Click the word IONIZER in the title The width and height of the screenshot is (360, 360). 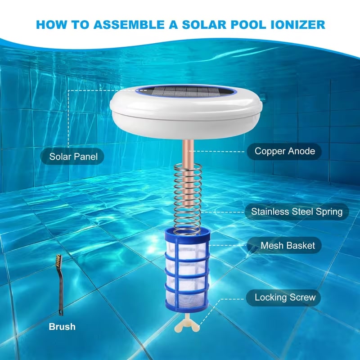pyautogui.click(x=298, y=25)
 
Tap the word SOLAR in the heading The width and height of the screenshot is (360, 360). pyautogui.click(x=204, y=25)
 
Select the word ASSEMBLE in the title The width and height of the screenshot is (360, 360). pyautogui.click(x=129, y=25)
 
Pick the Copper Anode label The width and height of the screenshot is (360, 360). pyautogui.click(x=284, y=151)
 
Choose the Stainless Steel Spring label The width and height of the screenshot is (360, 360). pyautogui.click(x=297, y=211)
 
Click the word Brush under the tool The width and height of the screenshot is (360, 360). pyautogui.click(x=62, y=327)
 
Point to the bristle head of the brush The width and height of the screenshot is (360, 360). pyautogui.click(x=59, y=261)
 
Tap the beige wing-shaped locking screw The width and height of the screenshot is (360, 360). pyautogui.click(x=187, y=323)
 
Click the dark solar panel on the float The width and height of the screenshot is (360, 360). pyautogui.click(x=186, y=92)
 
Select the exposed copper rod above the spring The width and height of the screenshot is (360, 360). pyautogui.click(x=188, y=152)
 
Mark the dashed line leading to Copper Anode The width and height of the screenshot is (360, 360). pyautogui.click(x=216, y=152)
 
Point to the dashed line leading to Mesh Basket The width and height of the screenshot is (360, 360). pyautogui.click(x=228, y=245)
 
